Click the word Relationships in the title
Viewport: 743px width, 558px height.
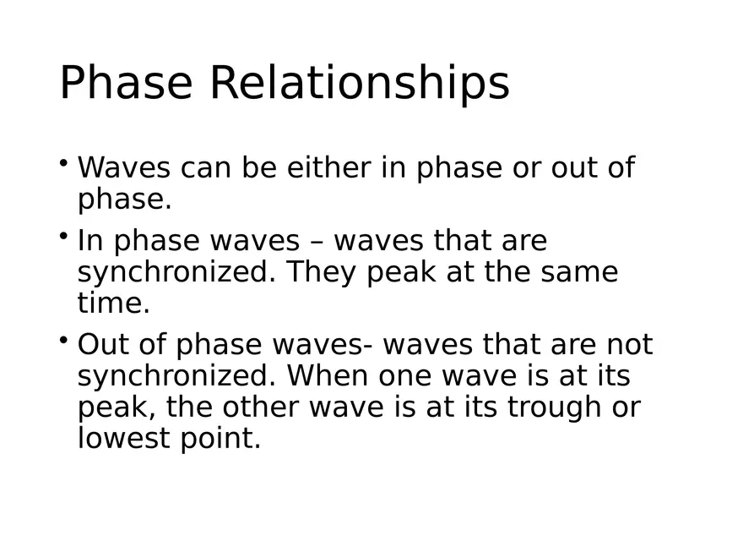pyautogui.click(x=359, y=84)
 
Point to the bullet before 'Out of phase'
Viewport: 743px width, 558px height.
pyautogui.click(x=64, y=340)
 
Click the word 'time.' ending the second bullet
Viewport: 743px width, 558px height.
pyautogui.click(x=114, y=303)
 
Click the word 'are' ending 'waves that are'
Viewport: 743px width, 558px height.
pyautogui.click(x=525, y=241)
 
